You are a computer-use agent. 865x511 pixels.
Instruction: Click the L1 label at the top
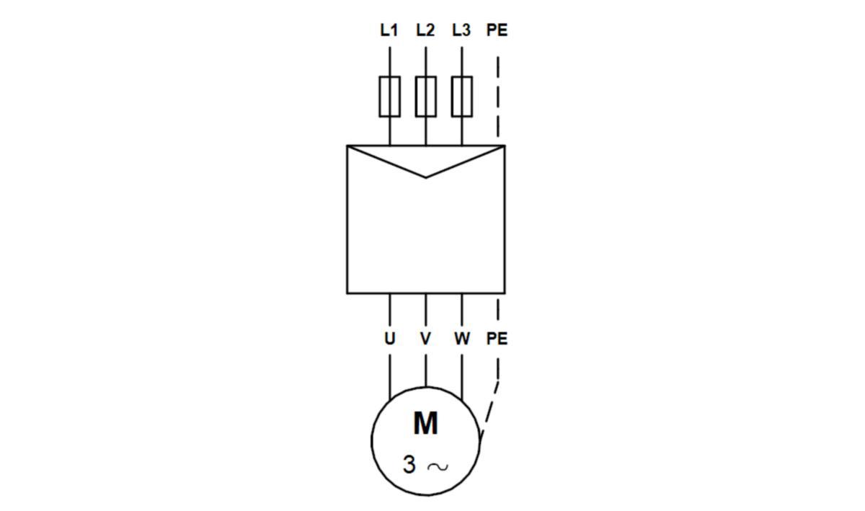click(x=389, y=30)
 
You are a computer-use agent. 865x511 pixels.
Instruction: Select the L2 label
click(x=425, y=30)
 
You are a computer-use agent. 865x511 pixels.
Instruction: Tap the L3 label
click(x=461, y=30)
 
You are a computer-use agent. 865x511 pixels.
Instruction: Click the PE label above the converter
click(x=497, y=30)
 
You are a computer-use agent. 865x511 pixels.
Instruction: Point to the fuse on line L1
click(x=389, y=96)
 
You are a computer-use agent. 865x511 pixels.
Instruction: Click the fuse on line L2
click(x=425, y=96)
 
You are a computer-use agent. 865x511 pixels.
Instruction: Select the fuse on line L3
click(x=461, y=96)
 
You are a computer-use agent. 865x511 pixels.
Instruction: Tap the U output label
click(x=389, y=338)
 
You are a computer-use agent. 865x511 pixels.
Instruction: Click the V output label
click(x=425, y=338)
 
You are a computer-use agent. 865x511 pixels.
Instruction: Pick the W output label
click(x=461, y=338)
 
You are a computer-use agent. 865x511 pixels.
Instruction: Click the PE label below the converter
click(x=497, y=338)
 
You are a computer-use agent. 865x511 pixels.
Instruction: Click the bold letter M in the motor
click(x=425, y=424)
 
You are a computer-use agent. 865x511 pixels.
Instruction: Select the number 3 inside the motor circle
click(x=409, y=465)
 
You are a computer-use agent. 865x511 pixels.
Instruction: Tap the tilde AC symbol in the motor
click(x=437, y=466)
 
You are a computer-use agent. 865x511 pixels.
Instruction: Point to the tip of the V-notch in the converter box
click(x=425, y=177)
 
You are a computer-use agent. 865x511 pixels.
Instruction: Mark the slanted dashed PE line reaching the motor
click(x=489, y=409)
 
